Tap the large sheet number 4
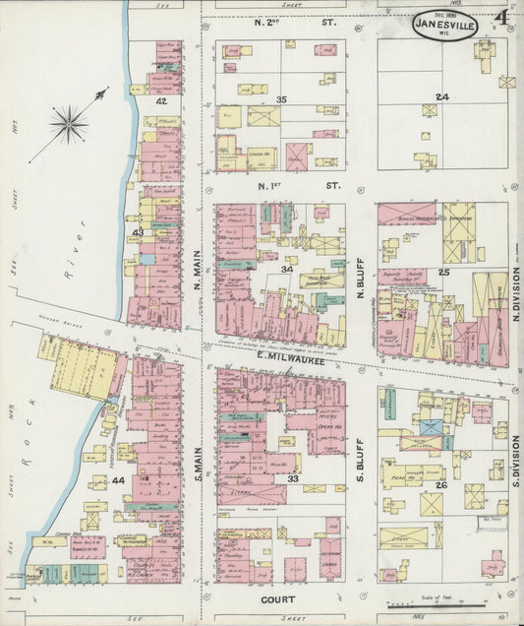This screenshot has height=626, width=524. coord(500,18)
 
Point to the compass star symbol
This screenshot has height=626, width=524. coord(69,123)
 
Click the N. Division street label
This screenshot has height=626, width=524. coord(515,292)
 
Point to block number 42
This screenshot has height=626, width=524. coord(160,100)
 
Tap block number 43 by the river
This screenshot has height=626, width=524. coord(139,232)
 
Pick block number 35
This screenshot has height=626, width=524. coord(281,99)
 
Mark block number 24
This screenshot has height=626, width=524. coord(442,96)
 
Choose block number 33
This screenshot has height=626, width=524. coord(292,478)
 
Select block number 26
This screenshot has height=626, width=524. coord(441,484)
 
